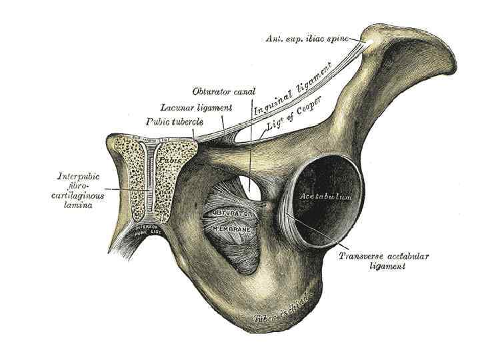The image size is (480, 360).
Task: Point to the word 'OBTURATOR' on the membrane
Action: (231, 213)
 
